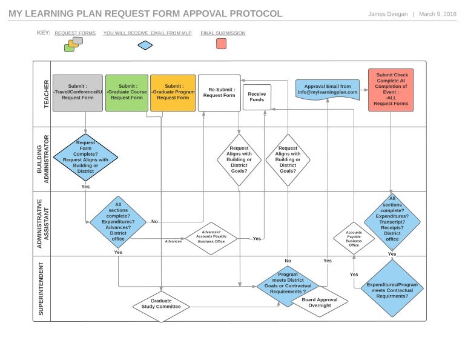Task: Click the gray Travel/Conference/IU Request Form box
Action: [77, 93]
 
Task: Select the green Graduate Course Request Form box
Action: [127, 93]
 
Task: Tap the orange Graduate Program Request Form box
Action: [173, 93]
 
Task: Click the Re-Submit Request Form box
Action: [219, 93]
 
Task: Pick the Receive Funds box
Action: [257, 97]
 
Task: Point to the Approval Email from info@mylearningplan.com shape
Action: [327, 90]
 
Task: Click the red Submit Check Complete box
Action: [391, 90]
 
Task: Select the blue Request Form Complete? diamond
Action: [85, 158]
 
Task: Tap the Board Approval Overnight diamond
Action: [320, 302]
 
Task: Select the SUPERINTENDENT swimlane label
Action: [42, 288]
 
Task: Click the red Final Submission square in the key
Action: [222, 44]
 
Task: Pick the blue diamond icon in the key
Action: [145, 45]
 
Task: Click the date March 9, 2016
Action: [438, 14]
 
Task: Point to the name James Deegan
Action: [388, 14]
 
